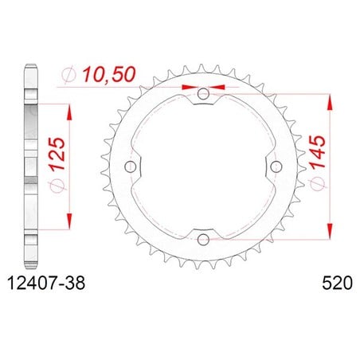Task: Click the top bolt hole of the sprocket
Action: tap(203, 94)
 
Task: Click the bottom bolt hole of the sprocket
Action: tap(203, 240)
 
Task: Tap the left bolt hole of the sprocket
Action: tap(131, 166)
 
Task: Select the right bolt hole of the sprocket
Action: tap(276, 166)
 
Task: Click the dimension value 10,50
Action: tap(108, 74)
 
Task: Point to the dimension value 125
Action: tap(57, 154)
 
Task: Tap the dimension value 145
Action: tap(318, 152)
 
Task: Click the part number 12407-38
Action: tap(46, 283)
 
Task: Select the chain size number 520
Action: tap(338, 283)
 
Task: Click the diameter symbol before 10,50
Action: tap(69, 75)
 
